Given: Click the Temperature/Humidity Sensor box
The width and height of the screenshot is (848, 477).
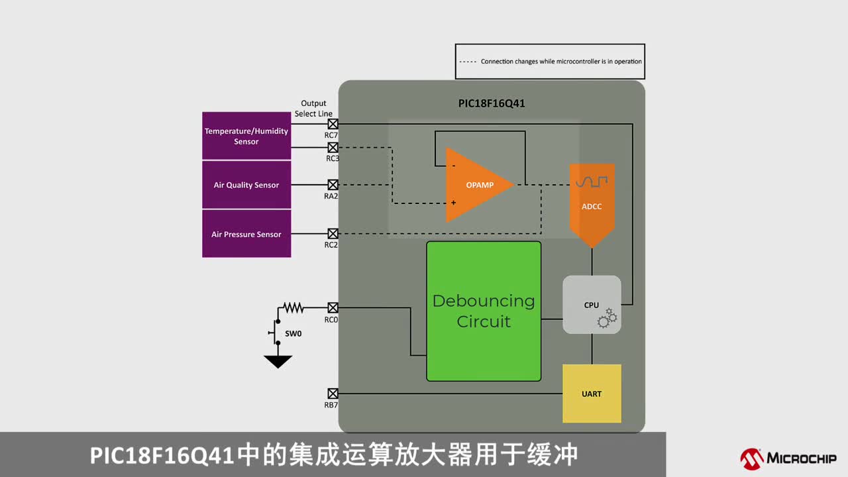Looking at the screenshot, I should (x=246, y=136).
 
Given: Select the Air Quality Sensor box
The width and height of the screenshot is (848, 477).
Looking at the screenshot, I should (x=246, y=185).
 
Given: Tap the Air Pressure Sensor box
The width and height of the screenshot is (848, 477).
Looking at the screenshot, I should (x=246, y=234).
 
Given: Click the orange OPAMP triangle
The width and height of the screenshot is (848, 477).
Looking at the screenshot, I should (x=477, y=185).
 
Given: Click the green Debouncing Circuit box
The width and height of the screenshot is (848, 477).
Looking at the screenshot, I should (x=484, y=311).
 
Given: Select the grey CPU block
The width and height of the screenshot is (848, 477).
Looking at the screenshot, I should (x=592, y=304).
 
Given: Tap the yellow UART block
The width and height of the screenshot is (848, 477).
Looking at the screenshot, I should (x=592, y=394).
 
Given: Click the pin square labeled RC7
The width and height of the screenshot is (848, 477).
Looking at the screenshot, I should (x=333, y=124).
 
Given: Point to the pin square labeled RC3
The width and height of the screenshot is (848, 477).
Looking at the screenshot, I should (x=333, y=147).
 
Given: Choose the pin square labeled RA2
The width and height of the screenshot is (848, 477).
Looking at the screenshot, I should (x=333, y=185).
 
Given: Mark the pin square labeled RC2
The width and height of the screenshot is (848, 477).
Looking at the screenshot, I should (x=333, y=233).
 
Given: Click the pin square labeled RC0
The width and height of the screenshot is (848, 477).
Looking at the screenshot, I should (x=333, y=307).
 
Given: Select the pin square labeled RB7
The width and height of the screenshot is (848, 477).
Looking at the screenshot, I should (x=333, y=394).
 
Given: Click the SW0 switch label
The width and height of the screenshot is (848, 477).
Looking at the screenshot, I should (x=293, y=334).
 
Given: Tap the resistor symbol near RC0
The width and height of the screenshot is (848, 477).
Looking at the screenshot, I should (x=292, y=307).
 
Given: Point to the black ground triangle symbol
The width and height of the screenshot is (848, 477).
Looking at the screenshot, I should (x=278, y=361).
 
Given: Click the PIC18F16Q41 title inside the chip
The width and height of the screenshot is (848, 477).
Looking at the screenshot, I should (x=492, y=103).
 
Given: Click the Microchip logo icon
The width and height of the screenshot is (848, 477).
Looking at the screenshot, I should (x=751, y=458).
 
